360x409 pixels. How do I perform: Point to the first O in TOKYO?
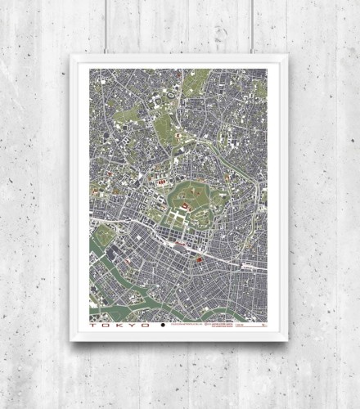(108, 326)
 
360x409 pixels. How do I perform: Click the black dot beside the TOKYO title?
(163, 326)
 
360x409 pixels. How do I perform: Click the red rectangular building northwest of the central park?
(162, 181)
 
